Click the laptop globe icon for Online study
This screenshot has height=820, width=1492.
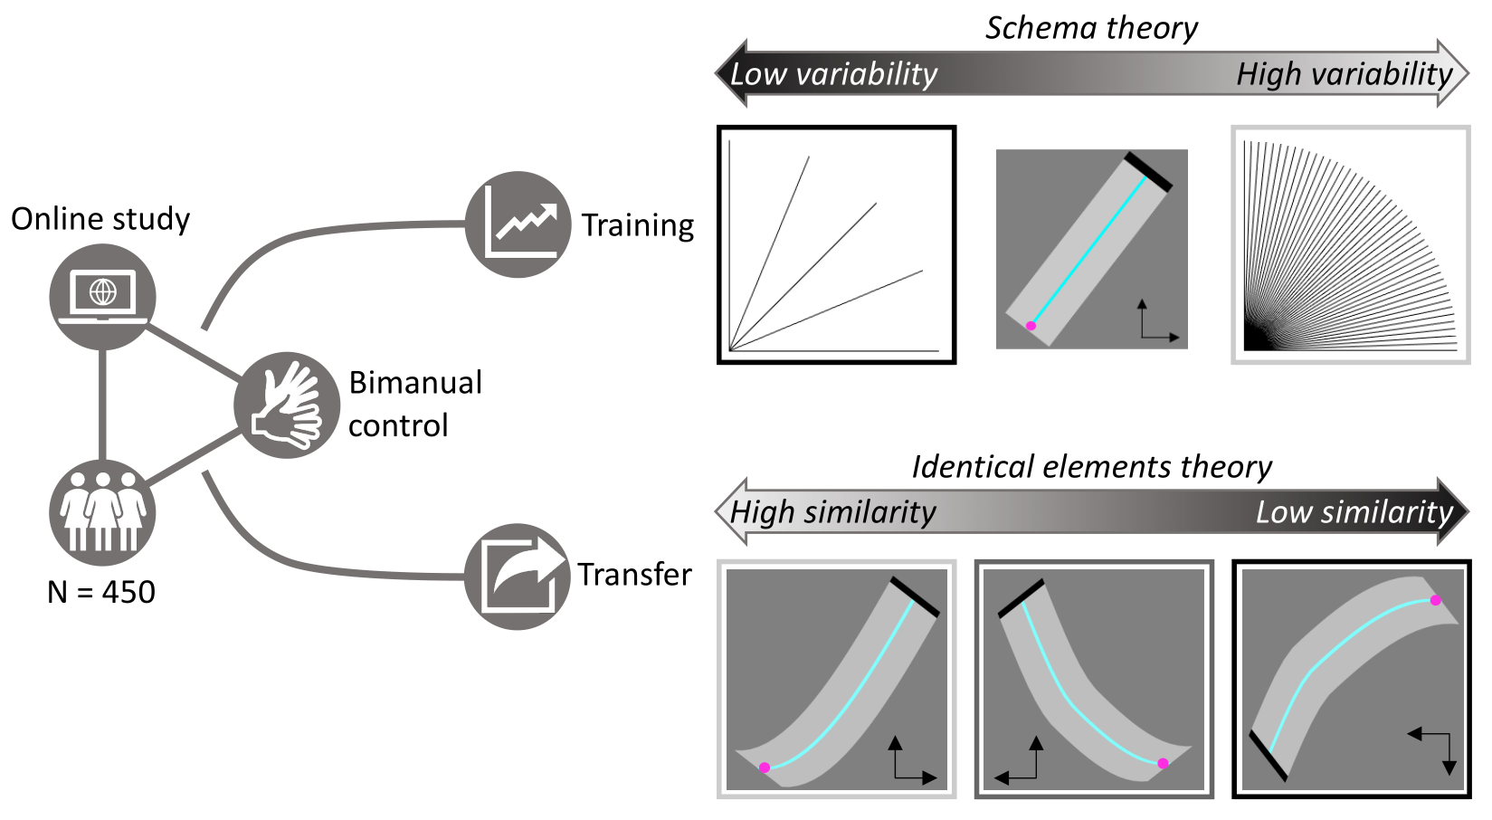click(102, 296)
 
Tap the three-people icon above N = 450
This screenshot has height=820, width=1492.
click(102, 511)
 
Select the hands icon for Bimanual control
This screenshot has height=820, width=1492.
click(287, 405)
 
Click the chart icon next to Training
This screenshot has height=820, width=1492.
click(518, 224)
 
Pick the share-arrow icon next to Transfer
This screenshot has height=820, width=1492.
click(518, 576)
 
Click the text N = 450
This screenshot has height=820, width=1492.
click(101, 592)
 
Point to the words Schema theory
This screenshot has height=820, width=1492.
click(1091, 28)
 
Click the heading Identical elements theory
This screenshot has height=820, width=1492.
click(1091, 467)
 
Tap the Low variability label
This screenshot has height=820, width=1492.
click(833, 74)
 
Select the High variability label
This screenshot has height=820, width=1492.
click(1344, 74)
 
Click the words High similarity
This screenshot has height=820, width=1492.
click(832, 512)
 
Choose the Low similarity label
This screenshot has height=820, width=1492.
click(1354, 512)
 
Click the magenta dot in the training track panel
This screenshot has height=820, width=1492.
click(1031, 326)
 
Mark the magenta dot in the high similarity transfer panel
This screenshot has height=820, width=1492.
click(765, 768)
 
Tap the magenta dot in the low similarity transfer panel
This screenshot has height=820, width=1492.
click(1435, 600)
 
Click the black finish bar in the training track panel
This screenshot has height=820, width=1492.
click(1148, 172)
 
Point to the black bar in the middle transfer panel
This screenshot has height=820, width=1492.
click(1021, 599)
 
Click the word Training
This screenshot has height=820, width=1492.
click(638, 225)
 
